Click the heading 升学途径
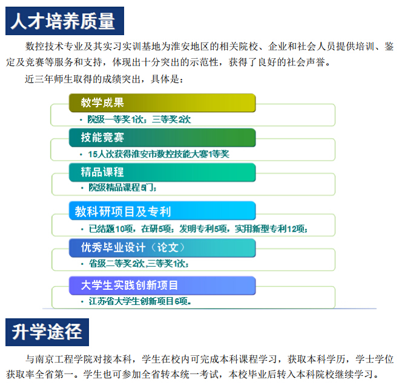(x=47, y=332)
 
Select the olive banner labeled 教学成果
(x=162, y=103)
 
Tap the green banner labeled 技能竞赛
(x=162, y=138)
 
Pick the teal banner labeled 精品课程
(x=162, y=172)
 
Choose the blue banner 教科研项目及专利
(x=162, y=211)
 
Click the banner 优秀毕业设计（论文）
(x=162, y=248)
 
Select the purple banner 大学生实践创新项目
(x=162, y=286)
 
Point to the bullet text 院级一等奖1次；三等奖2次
(x=139, y=119)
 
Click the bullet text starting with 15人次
(x=159, y=154)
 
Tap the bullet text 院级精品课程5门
(x=122, y=187)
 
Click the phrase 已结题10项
(x=111, y=229)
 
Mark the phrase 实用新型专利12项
(x=271, y=229)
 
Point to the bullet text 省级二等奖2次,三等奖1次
(x=139, y=264)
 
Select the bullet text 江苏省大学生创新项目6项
(x=140, y=301)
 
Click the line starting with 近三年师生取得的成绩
(x=104, y=79)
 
